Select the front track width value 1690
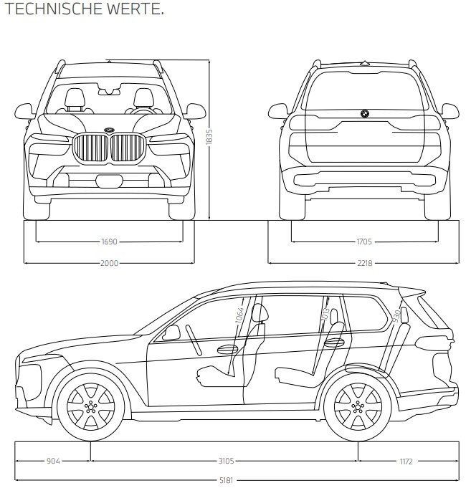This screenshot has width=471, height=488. click(110, 242)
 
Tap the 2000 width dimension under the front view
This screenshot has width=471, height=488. click(110, 263)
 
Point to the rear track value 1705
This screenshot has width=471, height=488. click(363, 242)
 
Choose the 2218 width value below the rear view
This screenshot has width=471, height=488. click(363, 263)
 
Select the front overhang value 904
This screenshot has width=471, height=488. click(53, 461)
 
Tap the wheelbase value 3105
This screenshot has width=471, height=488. click(224, 461)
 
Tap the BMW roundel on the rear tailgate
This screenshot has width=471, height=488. click(363, 114)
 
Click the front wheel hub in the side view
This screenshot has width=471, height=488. click(90, 406)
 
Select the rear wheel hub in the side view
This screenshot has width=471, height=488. click(356, 406)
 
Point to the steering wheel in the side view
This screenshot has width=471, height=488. click(191, 335)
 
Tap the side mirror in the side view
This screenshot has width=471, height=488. click(172, 332)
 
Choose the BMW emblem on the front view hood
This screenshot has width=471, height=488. click(110, 129)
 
